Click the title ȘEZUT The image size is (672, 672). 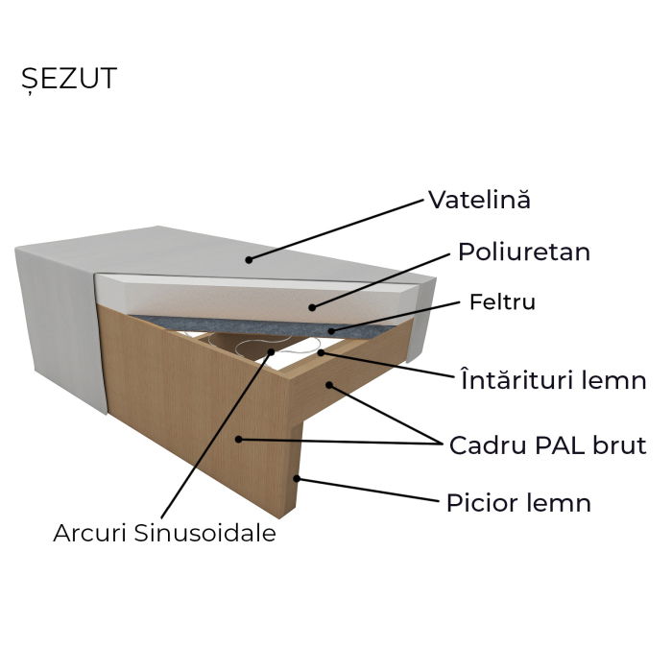pos(68,79)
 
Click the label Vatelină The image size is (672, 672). pos(479,200)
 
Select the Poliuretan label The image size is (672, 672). pos(523,252)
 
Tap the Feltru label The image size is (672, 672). pos(502,302)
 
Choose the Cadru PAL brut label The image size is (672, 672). pos(547,446)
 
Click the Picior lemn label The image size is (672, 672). pos(518,503)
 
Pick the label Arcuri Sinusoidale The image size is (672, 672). pos(164,534)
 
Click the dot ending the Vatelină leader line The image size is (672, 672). pos(249,258)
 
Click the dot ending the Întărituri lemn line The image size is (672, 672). pos(321,353)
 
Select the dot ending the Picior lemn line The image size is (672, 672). pos(298,477)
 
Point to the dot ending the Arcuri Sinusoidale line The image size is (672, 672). pos(272,351)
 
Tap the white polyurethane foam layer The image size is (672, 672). pos(259,299)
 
